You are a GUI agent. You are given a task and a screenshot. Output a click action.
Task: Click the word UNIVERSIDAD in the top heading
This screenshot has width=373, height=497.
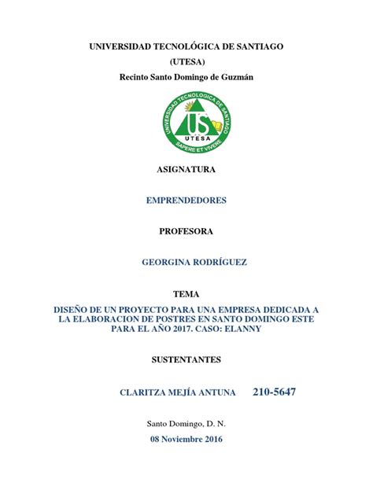(x=124, y=46)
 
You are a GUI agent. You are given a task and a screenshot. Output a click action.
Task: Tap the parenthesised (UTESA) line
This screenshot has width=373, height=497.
(x=186, y=61)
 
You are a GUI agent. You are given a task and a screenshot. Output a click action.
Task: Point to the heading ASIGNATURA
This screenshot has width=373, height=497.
(x=186, y=169)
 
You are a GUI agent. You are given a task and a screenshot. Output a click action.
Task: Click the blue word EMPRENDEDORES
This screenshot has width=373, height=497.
(x=186, y=201)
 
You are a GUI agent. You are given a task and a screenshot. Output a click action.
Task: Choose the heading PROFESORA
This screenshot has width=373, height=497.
(x=186, y=231)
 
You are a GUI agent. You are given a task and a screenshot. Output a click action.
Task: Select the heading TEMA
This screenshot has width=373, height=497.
(x=186, y=293)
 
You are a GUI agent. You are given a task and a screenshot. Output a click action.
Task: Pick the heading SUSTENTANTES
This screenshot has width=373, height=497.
(x=186, y=360)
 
